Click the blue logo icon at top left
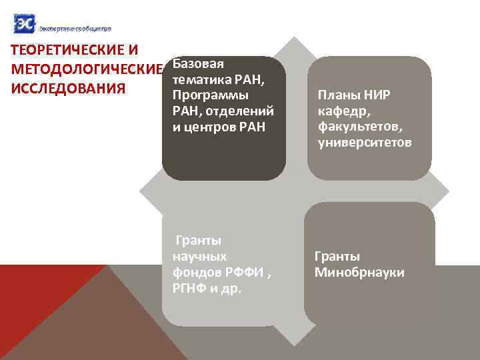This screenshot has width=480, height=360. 24,24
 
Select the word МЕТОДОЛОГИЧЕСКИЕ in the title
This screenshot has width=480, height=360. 83,70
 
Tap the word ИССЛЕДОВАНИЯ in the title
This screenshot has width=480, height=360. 65,89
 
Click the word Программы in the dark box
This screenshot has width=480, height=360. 210,95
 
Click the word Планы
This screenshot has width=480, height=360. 337,95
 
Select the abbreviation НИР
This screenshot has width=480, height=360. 376,95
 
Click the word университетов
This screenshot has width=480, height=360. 365,143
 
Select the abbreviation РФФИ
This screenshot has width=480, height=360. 243,273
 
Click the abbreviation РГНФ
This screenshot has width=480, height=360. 190,289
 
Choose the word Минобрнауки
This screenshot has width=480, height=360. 359,273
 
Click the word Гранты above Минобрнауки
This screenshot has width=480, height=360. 337,257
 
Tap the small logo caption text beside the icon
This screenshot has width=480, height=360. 75,28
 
